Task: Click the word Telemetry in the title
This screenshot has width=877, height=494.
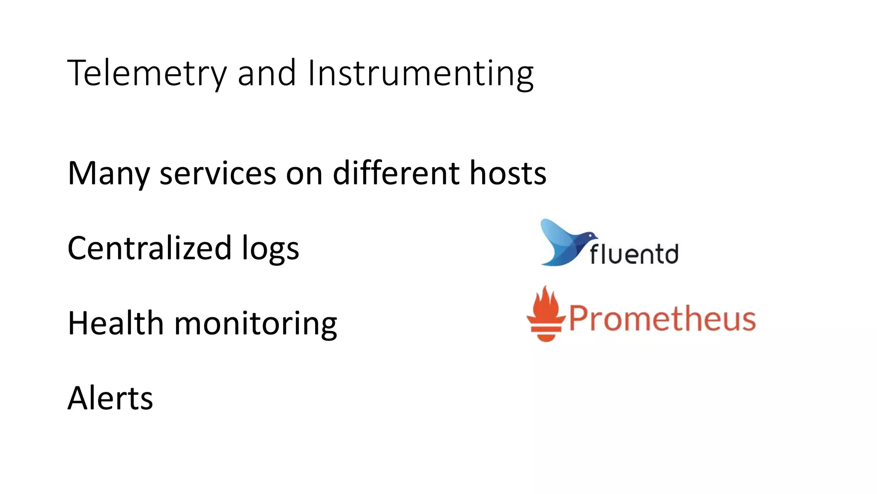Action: [x=146, y=74]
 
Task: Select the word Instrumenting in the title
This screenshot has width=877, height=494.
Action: [x=420, y=74]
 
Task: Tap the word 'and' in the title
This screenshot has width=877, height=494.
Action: [x=266, y=74]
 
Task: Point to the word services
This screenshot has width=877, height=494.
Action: [x=218, y=174]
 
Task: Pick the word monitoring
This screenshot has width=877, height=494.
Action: [x=256, y=324]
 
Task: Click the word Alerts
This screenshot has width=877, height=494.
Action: [x=110, y=398]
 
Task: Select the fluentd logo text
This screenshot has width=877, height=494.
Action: [x=634, y=254]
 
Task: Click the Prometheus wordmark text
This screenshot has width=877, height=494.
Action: [x=662, y=319]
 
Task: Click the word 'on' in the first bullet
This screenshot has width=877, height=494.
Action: [x=304, y=174]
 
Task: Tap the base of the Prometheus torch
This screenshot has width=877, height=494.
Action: [x=546, y=334]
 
